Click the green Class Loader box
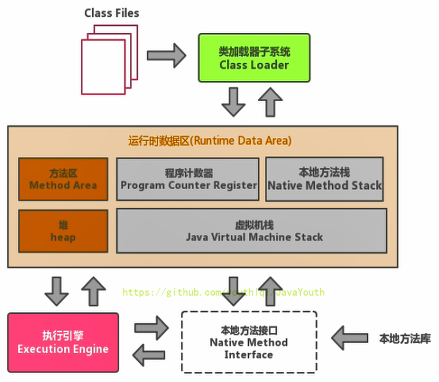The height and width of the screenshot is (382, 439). [x=254, y=58]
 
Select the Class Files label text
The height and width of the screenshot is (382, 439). [x=112, y=12]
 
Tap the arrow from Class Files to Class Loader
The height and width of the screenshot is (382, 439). [x=166, y=55]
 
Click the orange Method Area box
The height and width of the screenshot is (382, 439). [x=63, y=179]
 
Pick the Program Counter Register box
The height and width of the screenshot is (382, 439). [x=188, y=179]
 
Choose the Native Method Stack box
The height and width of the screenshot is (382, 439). [x=324, y=179]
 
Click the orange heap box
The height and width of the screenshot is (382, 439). [x=63, y=231]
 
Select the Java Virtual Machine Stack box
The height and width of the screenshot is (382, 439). [x=252, y=231]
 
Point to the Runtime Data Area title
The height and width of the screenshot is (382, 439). [x=210, y=141]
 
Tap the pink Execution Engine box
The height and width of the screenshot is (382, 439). [x=63, y=342]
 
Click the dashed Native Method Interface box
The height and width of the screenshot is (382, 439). [x=249, y=342]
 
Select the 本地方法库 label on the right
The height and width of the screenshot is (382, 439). [x=405, y=339]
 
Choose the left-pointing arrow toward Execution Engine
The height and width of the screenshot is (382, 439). [x=150, y=355]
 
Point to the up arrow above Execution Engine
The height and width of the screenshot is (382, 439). [x=93, y=290]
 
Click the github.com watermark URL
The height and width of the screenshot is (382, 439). [x=224, y=292]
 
